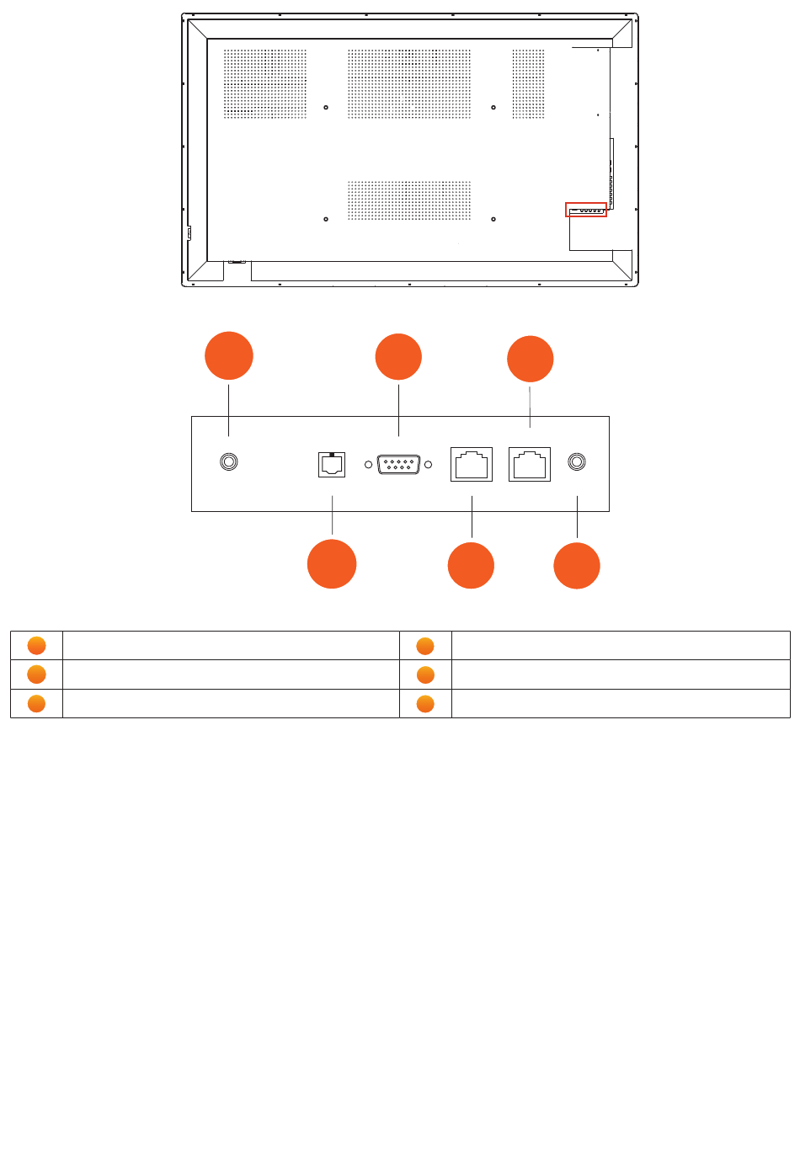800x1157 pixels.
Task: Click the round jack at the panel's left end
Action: (228, 462)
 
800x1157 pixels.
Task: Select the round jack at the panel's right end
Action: (577, 462)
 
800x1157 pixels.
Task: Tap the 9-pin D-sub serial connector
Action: (398, 464)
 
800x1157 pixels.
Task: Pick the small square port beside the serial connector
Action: (332, 464)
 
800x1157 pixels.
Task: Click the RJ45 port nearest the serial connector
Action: (472, 464)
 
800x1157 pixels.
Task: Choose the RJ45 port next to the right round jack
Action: (530, 464)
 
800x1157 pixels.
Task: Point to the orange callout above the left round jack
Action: (229, 356)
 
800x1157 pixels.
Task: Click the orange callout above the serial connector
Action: (398, 357)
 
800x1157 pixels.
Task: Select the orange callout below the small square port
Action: (332, 564)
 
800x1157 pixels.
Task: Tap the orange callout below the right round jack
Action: (577, 566)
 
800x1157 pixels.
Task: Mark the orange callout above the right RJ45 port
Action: (531, 359)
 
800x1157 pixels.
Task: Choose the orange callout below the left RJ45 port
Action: (471, 566)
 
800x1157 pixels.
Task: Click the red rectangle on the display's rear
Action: (586, 210)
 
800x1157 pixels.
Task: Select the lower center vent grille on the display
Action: (409, 200)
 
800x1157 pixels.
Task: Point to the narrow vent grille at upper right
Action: (528, 83)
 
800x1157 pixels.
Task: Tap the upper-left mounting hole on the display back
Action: (326, 108)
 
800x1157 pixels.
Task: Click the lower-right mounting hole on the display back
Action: (493, 219)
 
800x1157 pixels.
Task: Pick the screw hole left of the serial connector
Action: (369, 465)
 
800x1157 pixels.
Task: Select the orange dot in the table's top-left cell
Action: (36, 646)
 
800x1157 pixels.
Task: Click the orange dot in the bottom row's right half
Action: (425, 704)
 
